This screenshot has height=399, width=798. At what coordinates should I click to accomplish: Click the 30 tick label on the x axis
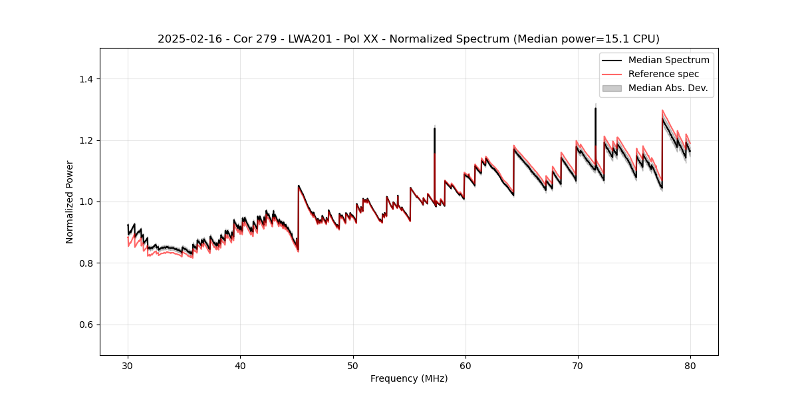click(x=128, y=366)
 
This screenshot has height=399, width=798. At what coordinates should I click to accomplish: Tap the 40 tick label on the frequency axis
click(x=240, y=366)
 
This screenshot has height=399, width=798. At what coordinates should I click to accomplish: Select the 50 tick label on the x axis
click(x=352, y=366)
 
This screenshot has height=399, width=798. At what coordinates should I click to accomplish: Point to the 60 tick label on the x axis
click(x=465, y=366)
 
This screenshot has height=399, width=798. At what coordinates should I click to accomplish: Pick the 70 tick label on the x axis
click(x=577, y=366)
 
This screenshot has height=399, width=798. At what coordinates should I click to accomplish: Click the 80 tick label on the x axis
click(x=690, y=366)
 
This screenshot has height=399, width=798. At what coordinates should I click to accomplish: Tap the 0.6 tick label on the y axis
click(x=86, y=325)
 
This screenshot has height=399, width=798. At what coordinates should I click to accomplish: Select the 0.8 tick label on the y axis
click(x=86, y=263)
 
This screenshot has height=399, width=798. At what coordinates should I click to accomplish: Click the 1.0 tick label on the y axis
click(x=86, y=201)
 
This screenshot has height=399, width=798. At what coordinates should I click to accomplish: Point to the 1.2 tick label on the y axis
click(x=86, y=140)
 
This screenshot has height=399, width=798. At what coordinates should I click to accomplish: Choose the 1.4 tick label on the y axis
click(x=86, y=79)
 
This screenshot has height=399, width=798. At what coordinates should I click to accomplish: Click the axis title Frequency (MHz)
click(x=409, y=379)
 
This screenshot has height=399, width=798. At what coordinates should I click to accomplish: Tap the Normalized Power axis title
click(x=70, y=201)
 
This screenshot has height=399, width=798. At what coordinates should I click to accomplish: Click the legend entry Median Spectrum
click(x=668, y=60)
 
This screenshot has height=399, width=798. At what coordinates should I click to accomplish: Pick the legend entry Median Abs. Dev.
click(x=668, y=88)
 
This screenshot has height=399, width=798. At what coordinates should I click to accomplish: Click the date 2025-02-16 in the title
click(x=188, y=39)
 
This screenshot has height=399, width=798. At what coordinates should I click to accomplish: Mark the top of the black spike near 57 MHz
click(x=434, y=128)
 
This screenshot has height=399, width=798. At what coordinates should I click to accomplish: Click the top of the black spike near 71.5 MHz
click(x=595, y=108)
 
